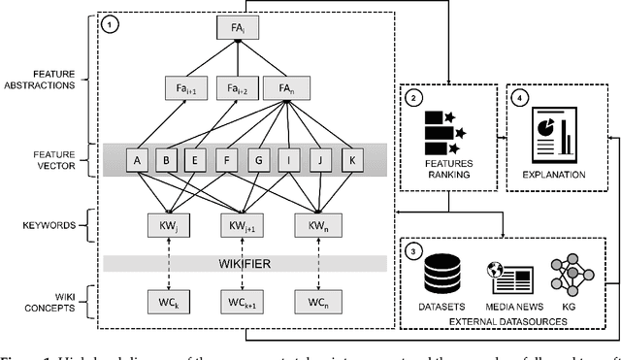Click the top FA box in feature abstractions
(x=230, y=28)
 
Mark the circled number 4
(x=519, y=97)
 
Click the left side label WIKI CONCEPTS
(x=49, y=298)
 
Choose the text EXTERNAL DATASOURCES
(x=503, y=315)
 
